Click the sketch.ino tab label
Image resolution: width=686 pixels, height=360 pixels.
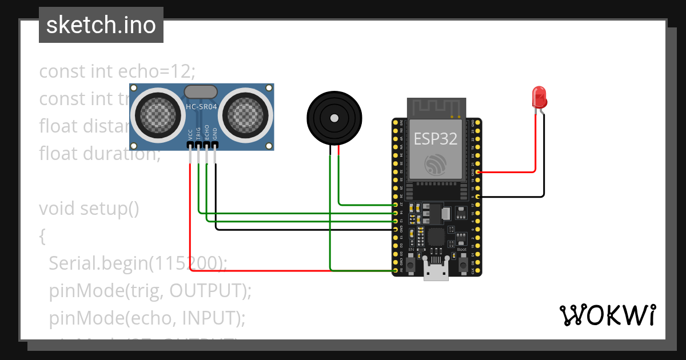pos(101,25)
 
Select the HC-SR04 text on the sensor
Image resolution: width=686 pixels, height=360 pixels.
pos(201,107)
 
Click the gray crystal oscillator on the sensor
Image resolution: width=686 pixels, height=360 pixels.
pos(201,91)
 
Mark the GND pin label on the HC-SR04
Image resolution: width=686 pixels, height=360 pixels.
pos(215,134)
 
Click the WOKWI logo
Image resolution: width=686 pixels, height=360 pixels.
pos(607,315)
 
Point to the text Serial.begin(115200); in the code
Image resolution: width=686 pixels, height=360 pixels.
pos(138,263)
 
